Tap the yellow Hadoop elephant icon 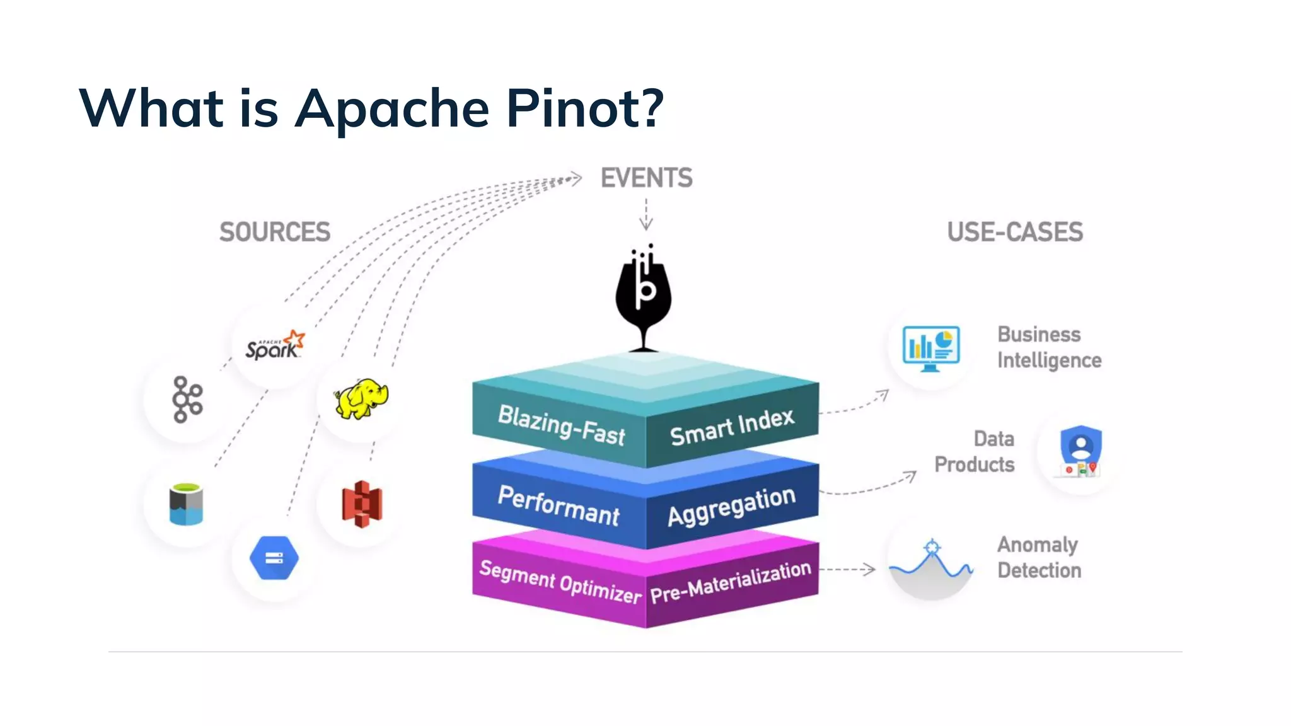point(361,398)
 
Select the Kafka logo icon point(187,400)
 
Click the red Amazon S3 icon point(362,504)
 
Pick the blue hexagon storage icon point(274,558)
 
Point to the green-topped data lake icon point(186,504)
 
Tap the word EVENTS point(646,178)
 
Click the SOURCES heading point(275,232)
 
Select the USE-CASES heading point(1015,232)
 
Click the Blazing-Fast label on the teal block point(560,425)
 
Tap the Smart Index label point(732,427)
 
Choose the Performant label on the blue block point(559,506)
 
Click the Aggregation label point(731,506)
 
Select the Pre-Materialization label point(731,582)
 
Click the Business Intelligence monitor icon point(931,348)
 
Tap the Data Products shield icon point(1080,451)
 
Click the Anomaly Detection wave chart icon point(931,563)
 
